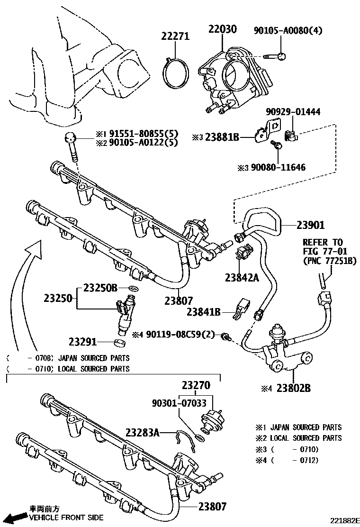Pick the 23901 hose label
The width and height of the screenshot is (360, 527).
(x=311, y=225)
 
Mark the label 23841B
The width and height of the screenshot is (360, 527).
(x=204, y=311)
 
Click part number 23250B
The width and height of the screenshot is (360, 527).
(x=100, y=287)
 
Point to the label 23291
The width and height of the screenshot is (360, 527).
(x=83, y=341)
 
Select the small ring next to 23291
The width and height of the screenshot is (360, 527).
(x=120, y=342)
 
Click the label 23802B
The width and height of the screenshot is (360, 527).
(x=294, y=388)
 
